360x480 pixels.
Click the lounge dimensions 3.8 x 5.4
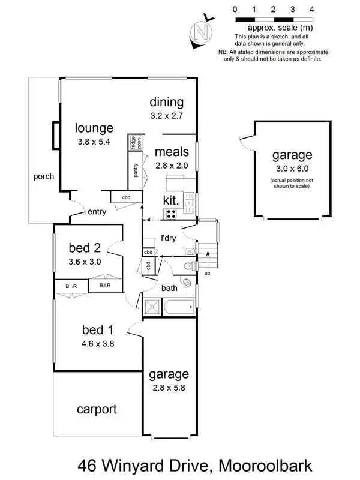(94, 142)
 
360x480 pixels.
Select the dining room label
(166, 102)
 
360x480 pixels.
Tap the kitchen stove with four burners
(170, 213)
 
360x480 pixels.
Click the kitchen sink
(188, 203)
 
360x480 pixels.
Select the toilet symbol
(188, 265)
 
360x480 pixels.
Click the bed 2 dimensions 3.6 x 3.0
(85, 262)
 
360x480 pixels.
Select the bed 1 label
(96, 329)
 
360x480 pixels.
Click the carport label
(96, 410)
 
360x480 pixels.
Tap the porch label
(44, 176)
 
